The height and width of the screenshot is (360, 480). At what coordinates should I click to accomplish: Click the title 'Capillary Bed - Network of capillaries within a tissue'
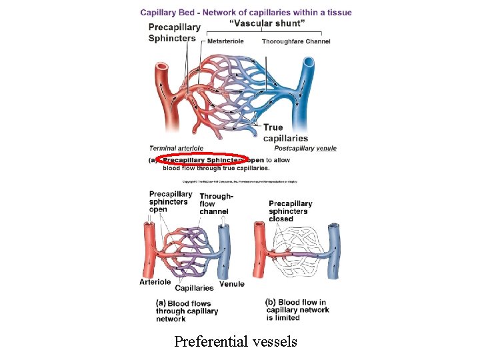(x=246, y=12)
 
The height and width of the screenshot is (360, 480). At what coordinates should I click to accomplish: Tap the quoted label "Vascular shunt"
(x=267, y=23)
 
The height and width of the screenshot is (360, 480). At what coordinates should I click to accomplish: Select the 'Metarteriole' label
(x=225, y=41)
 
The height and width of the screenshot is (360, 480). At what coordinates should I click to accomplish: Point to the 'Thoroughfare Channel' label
(x=296, y=41)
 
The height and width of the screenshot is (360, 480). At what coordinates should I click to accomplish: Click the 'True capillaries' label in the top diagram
(x=285, y=133)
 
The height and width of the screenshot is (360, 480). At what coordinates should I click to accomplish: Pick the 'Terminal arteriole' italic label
(x=177, y=148)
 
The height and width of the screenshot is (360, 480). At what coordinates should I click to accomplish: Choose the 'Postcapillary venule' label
(x=305, y=148)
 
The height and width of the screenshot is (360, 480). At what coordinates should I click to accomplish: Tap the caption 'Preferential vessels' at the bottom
(x=235, y=342)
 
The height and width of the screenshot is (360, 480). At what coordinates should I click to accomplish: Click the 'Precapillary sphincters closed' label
(x=290, y=211)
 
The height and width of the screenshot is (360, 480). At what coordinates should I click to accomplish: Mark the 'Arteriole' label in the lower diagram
(x=155, y=282)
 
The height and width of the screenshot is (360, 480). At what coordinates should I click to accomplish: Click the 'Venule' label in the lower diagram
(x=231, y=284)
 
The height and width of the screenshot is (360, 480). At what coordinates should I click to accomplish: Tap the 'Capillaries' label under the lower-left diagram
(x=194, y=288)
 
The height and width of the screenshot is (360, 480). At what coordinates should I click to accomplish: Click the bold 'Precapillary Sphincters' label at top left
(x=174, y=33)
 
